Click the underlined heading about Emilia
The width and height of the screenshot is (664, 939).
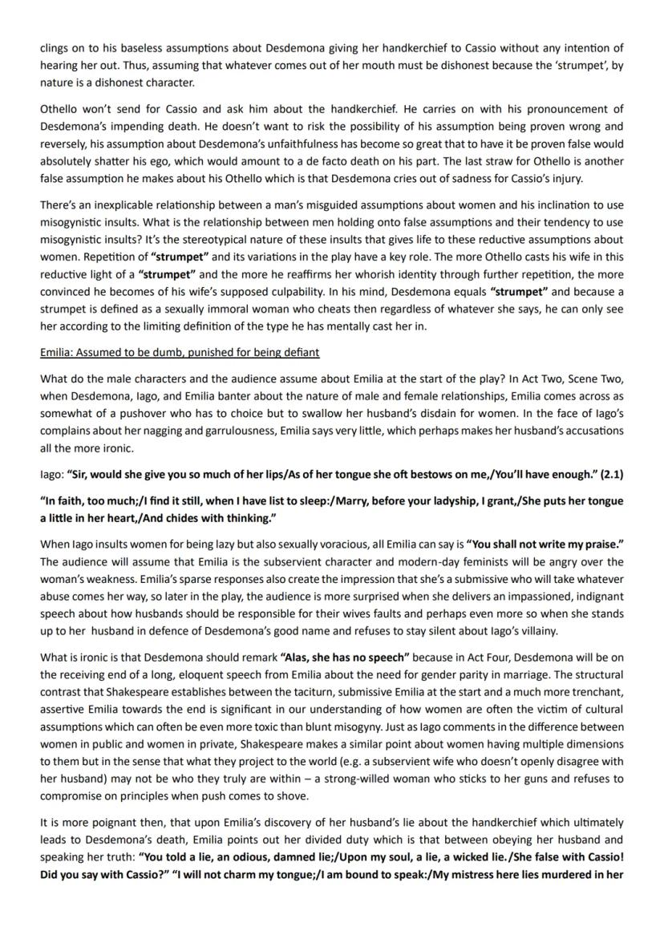[x=180, y=352]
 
